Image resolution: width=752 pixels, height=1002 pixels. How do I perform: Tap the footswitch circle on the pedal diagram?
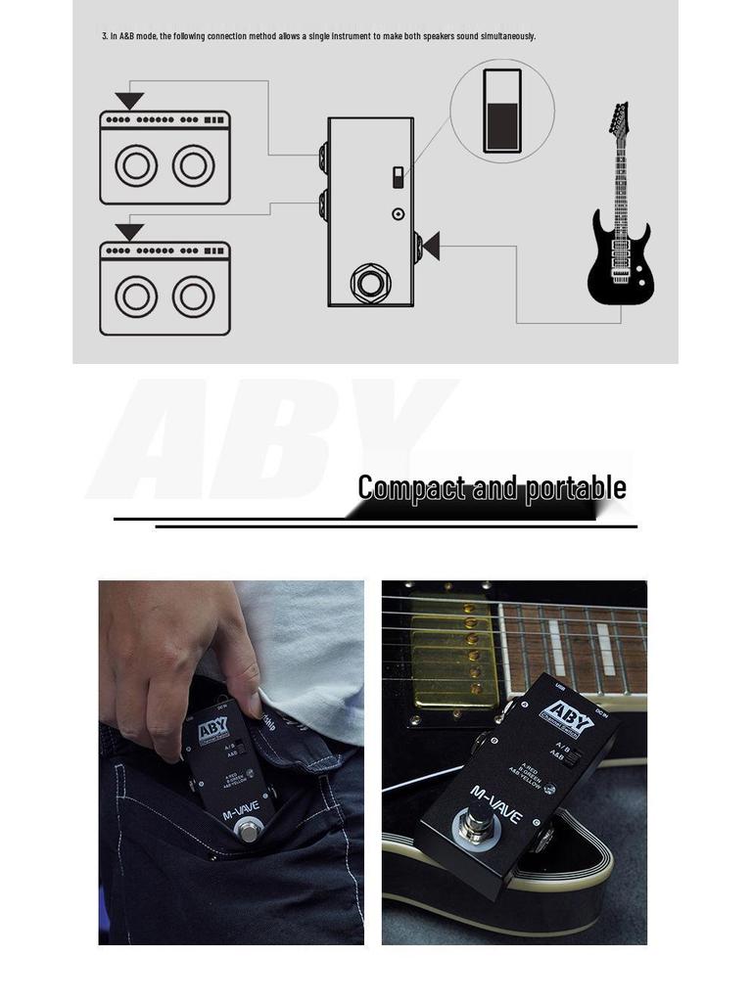[370, 283]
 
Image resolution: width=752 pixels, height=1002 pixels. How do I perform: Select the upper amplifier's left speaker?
[136, 165]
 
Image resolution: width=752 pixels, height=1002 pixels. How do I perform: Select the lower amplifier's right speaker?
[194, 296]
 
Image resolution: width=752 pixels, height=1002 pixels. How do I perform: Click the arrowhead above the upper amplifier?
[129, 101]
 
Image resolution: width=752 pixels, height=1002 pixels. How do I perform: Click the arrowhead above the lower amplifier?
[129, 232]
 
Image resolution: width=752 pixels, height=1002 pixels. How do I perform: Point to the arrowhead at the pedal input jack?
[430, 246]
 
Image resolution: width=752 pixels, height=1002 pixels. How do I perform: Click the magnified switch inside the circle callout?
[502, 111]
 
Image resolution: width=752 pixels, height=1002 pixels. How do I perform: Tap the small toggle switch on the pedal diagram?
[398, 177]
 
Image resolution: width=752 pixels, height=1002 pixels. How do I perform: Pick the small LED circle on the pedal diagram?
[398, 213]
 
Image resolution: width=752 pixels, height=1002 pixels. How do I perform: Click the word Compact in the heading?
[410, 487]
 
